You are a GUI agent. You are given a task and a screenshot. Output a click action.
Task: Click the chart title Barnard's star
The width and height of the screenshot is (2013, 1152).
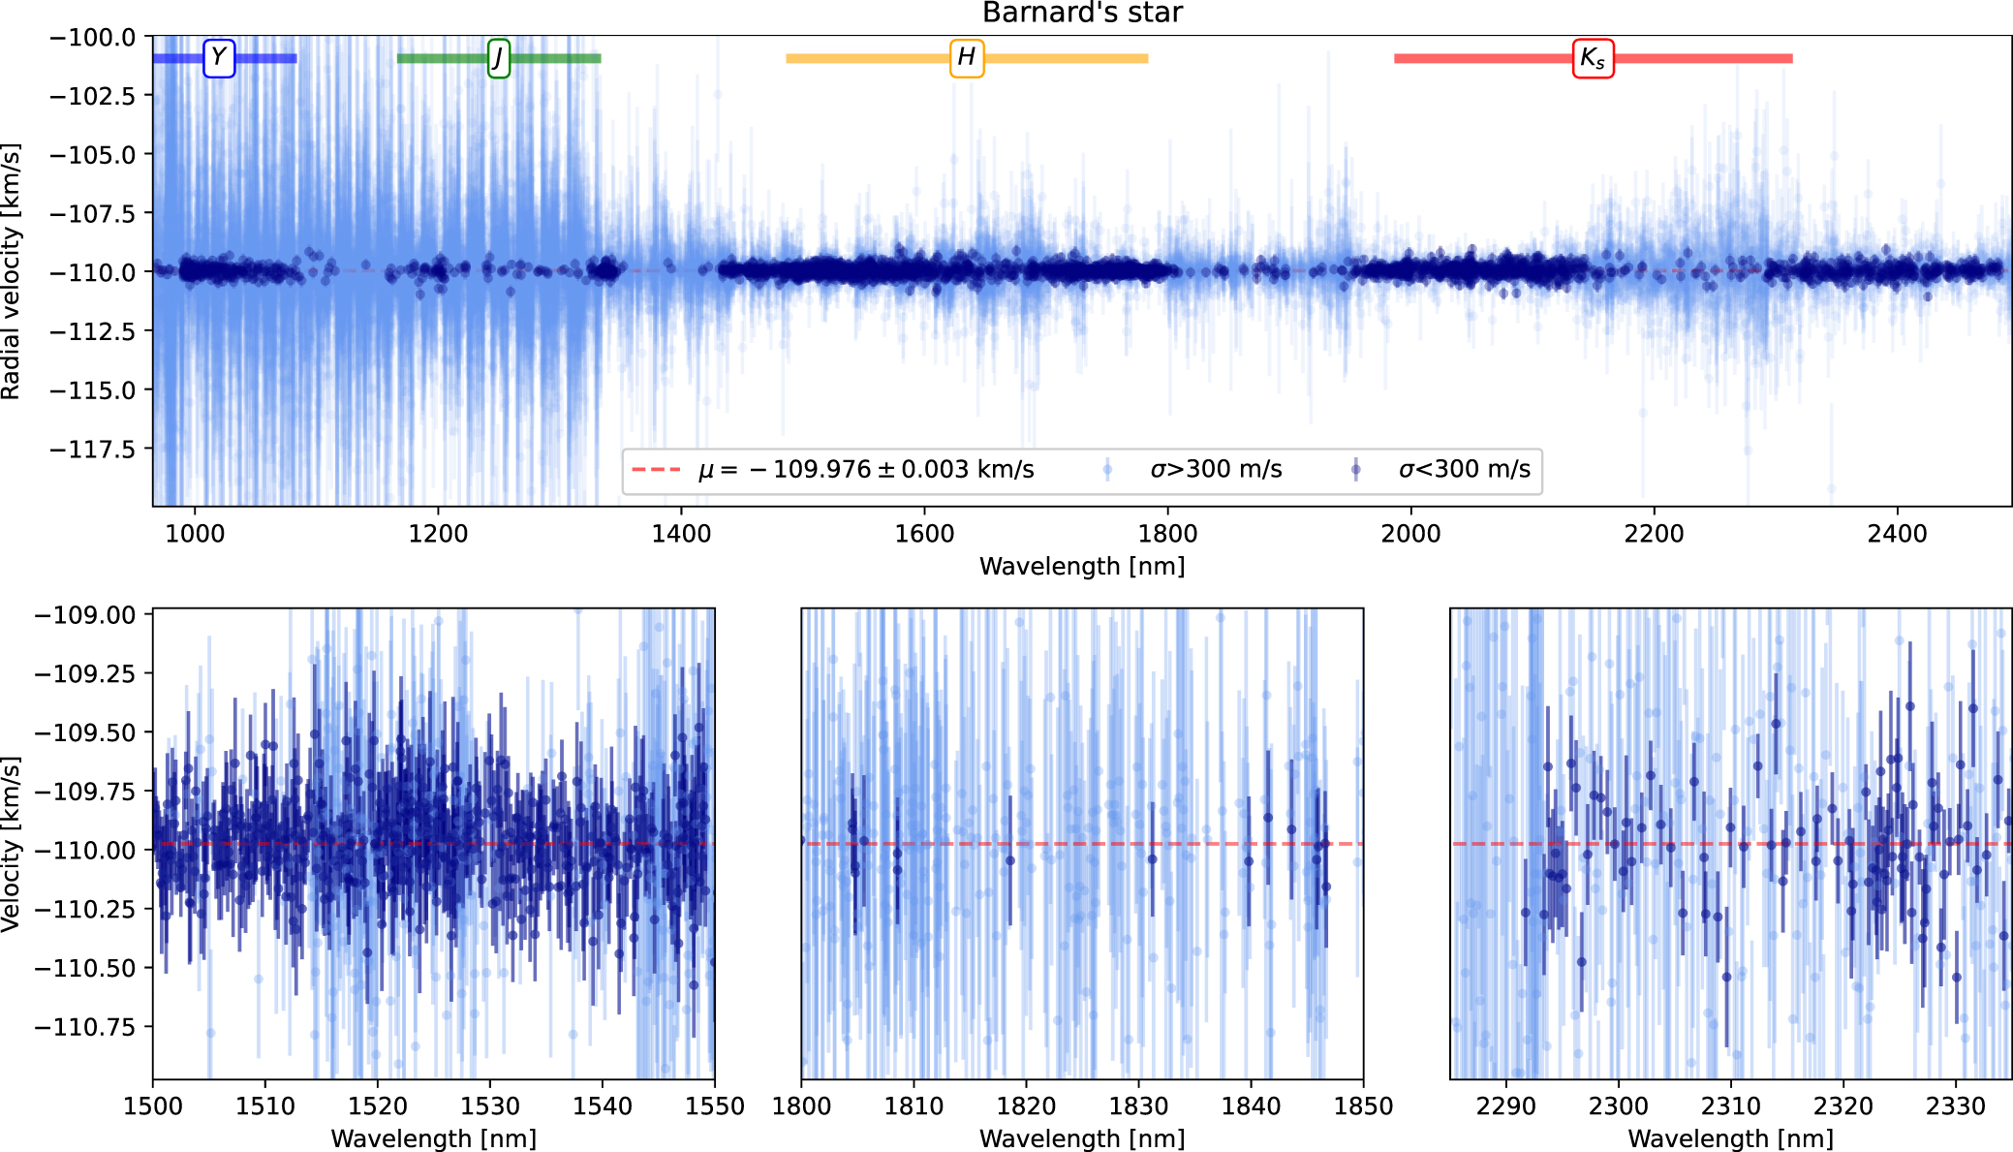point(1082,13)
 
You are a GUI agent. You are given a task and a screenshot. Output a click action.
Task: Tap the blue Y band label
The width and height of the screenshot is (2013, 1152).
point(219,58)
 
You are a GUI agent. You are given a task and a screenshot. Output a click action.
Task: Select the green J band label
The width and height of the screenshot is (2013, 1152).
point(498,58)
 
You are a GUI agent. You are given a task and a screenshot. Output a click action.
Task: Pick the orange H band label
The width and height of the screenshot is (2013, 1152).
point(966,58)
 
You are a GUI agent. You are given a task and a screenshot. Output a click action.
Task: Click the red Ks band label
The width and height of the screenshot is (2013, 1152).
point(1593,58)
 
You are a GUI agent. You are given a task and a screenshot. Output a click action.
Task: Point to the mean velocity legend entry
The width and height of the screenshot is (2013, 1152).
point(833,470)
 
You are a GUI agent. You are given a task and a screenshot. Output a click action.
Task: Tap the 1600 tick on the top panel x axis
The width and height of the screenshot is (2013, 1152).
point(924,534)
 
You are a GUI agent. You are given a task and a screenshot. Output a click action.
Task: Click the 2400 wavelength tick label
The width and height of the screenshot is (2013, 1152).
point(1897,534)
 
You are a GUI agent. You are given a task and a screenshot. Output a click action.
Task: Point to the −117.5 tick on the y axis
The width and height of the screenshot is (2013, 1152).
point(93,450)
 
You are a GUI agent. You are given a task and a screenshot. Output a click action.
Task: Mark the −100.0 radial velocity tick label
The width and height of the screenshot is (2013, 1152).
point(93,38)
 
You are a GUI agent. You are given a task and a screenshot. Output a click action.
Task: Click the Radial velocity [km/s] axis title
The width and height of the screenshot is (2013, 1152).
point(12,271)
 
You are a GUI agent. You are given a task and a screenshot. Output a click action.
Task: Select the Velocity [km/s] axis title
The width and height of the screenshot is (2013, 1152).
point(12,845)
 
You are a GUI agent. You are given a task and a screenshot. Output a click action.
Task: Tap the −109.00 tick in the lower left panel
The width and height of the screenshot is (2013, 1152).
point(85,615)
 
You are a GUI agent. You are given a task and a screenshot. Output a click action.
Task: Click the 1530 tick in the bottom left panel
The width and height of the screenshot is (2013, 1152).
point(490,1106)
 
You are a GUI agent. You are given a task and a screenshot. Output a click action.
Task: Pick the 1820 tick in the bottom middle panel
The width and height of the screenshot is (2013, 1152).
point(1026,1106)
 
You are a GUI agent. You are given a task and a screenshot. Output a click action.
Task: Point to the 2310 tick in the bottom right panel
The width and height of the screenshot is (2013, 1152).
point(1731,1106)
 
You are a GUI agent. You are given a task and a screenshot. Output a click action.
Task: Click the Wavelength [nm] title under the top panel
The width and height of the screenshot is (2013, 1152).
point(1082,567)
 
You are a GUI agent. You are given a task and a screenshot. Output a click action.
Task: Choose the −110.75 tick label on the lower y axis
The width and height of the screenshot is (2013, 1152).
point(85,1027)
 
